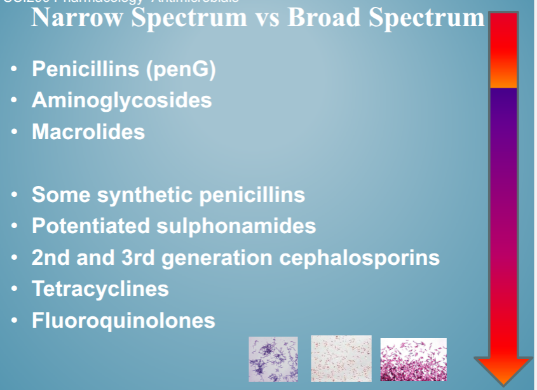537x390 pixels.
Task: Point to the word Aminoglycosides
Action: (x=121, y=100)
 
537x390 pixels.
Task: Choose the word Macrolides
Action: (x=88, y=131)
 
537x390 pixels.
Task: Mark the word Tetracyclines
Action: (x=100, y=289)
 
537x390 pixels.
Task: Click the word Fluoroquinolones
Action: (x=123, y=320)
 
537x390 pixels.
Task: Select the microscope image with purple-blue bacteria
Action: (x=273, y=359)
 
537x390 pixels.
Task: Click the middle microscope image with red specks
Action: (x=341, y=358)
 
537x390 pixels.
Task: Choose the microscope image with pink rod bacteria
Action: (x=413, y=360)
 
